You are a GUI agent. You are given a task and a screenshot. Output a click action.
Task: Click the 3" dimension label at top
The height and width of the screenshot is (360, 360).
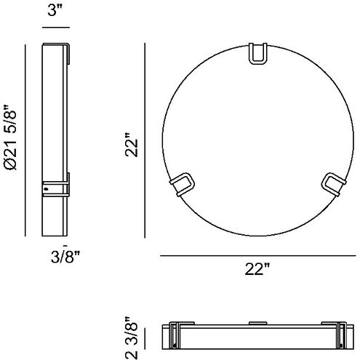click(55, 10)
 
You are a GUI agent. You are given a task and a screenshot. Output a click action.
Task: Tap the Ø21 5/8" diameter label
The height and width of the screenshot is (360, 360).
click(10, 137)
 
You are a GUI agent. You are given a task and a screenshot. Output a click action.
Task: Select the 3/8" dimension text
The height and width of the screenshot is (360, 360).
click(65, 257)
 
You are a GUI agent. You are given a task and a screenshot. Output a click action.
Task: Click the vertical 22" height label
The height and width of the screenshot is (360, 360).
click(132, 145)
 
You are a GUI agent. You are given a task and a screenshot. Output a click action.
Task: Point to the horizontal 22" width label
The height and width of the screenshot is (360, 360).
click(257, 269)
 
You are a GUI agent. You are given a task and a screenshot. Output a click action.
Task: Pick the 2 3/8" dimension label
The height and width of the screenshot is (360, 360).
click(132, 337)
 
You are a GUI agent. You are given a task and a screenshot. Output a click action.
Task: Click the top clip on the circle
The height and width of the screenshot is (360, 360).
click(258, 54)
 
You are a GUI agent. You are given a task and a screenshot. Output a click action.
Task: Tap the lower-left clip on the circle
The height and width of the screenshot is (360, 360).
click(182, 184)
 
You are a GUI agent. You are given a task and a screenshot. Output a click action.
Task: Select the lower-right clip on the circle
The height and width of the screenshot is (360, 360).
click(334, 184)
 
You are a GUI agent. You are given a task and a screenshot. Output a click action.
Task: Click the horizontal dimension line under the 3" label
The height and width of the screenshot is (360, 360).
click(56, 28)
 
